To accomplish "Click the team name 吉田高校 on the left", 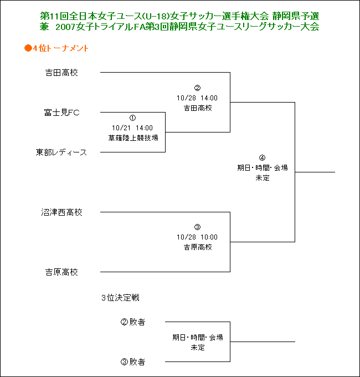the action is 61,73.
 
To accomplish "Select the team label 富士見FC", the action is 61,113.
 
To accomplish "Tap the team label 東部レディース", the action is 61,152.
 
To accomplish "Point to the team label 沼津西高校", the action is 61,212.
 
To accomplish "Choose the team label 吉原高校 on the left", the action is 61,272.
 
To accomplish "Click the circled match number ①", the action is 132,118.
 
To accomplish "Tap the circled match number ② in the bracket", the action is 197,88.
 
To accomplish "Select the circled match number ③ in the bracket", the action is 197,227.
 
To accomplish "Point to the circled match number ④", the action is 263,157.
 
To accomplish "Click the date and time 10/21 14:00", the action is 132,128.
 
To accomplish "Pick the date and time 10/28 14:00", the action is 197,98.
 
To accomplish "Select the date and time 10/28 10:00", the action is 197,237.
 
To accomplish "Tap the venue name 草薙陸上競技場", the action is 133,137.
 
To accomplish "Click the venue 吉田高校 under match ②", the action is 198,108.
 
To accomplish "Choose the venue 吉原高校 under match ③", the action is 198,247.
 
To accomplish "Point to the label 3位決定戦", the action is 120,298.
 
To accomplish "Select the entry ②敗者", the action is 133,322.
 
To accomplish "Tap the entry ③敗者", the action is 133,361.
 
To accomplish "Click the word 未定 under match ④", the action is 263,177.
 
